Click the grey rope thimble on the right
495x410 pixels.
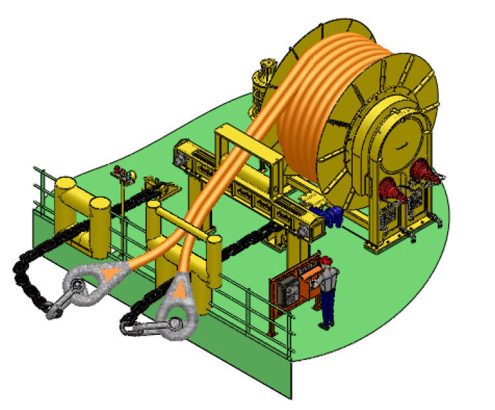[181, 303]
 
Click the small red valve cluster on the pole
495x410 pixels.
[120, 174]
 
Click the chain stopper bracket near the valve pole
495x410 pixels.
[158, 187]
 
